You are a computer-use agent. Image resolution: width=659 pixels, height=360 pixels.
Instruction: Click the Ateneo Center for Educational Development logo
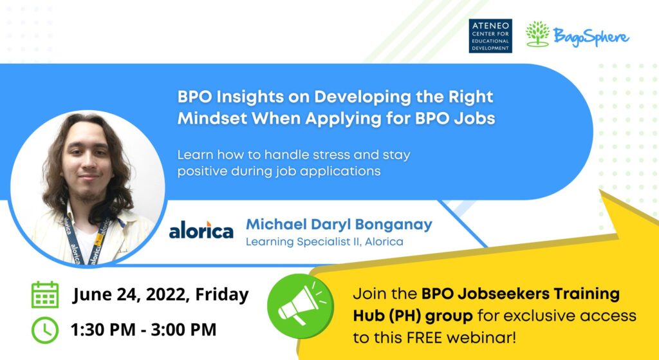click(x=490, y=36)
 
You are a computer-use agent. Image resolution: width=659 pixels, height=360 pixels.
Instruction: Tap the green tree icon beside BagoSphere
click(x=537, y=33)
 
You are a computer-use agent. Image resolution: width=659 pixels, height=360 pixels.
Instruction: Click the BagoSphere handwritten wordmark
click(x=591, y=37)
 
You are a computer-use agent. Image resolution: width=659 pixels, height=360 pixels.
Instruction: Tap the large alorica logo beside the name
click(x=201, y=231)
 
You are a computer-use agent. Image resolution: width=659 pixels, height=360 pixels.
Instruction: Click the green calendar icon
click(x=45, y=294)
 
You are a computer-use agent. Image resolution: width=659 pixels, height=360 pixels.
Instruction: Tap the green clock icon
click(x=45, y=330)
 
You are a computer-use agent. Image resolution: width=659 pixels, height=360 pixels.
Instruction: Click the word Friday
click(x=222, y=294)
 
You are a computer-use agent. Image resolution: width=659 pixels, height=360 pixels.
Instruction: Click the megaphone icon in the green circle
click(x=300, y=306)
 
